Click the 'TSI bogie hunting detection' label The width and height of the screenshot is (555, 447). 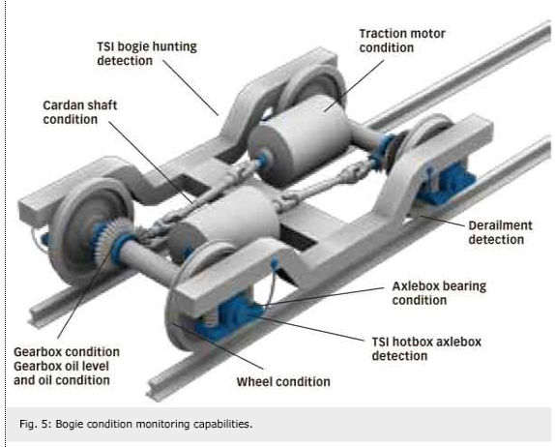pos(147,53)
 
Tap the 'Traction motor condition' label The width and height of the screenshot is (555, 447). pos(402,41)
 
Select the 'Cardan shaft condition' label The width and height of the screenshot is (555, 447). pos(79,112)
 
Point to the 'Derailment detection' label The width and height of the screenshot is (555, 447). pos(500,232)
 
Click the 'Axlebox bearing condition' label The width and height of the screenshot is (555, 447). pos(439,293)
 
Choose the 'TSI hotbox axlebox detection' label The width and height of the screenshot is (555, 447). pos(426,349)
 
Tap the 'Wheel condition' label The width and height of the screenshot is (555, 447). pos(283,382)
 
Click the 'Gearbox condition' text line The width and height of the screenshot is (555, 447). pos(67,352)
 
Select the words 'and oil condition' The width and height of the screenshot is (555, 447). pos(62,380)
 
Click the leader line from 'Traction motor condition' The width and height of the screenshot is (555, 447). pos(354,85)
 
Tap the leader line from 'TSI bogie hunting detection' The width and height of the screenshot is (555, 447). pos(190,87)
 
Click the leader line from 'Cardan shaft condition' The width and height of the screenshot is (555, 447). pos(151,163)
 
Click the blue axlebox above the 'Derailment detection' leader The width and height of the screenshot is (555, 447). pos(444,184)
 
